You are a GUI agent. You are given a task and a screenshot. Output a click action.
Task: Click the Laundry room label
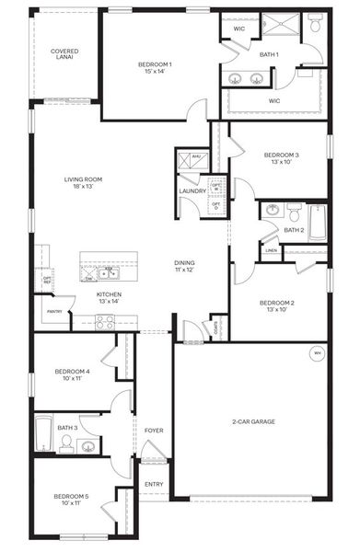click(192, 191)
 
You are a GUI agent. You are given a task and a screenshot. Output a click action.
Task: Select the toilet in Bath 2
click(291, 211)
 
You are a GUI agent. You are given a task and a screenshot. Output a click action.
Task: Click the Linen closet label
click(271, 250)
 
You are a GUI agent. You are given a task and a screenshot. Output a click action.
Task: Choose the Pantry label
click(54, 312)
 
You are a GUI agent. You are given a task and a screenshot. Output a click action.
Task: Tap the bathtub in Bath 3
click(44, 434)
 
